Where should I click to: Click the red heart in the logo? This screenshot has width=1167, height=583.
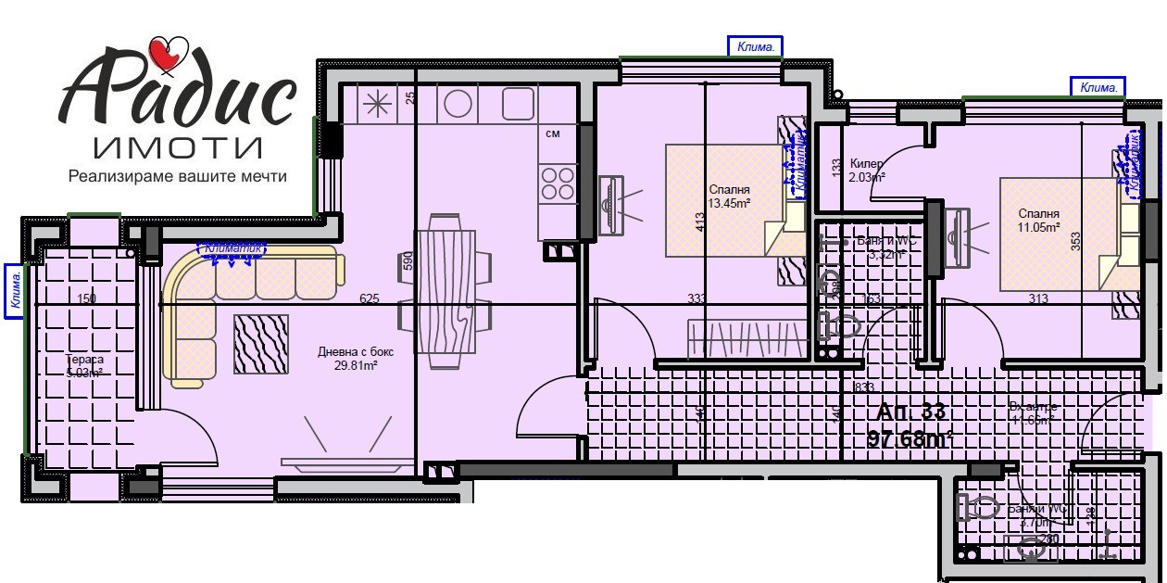169,53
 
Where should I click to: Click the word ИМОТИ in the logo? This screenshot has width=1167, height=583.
178,146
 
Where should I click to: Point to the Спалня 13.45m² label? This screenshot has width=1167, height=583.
729,196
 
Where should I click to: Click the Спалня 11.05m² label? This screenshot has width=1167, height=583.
1040,220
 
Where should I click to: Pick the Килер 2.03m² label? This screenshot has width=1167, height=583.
867,170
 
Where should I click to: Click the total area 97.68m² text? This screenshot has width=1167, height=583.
910,439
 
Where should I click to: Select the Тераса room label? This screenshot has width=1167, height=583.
85,360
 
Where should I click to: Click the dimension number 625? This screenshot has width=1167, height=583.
370,298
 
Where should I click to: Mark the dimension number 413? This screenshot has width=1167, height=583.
700,223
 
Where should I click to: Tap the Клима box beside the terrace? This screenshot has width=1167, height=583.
14,291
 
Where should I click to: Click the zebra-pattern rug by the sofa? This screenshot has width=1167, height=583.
260,344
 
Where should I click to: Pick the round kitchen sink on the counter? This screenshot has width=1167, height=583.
458,104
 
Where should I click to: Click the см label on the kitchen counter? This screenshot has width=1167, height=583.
553,134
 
